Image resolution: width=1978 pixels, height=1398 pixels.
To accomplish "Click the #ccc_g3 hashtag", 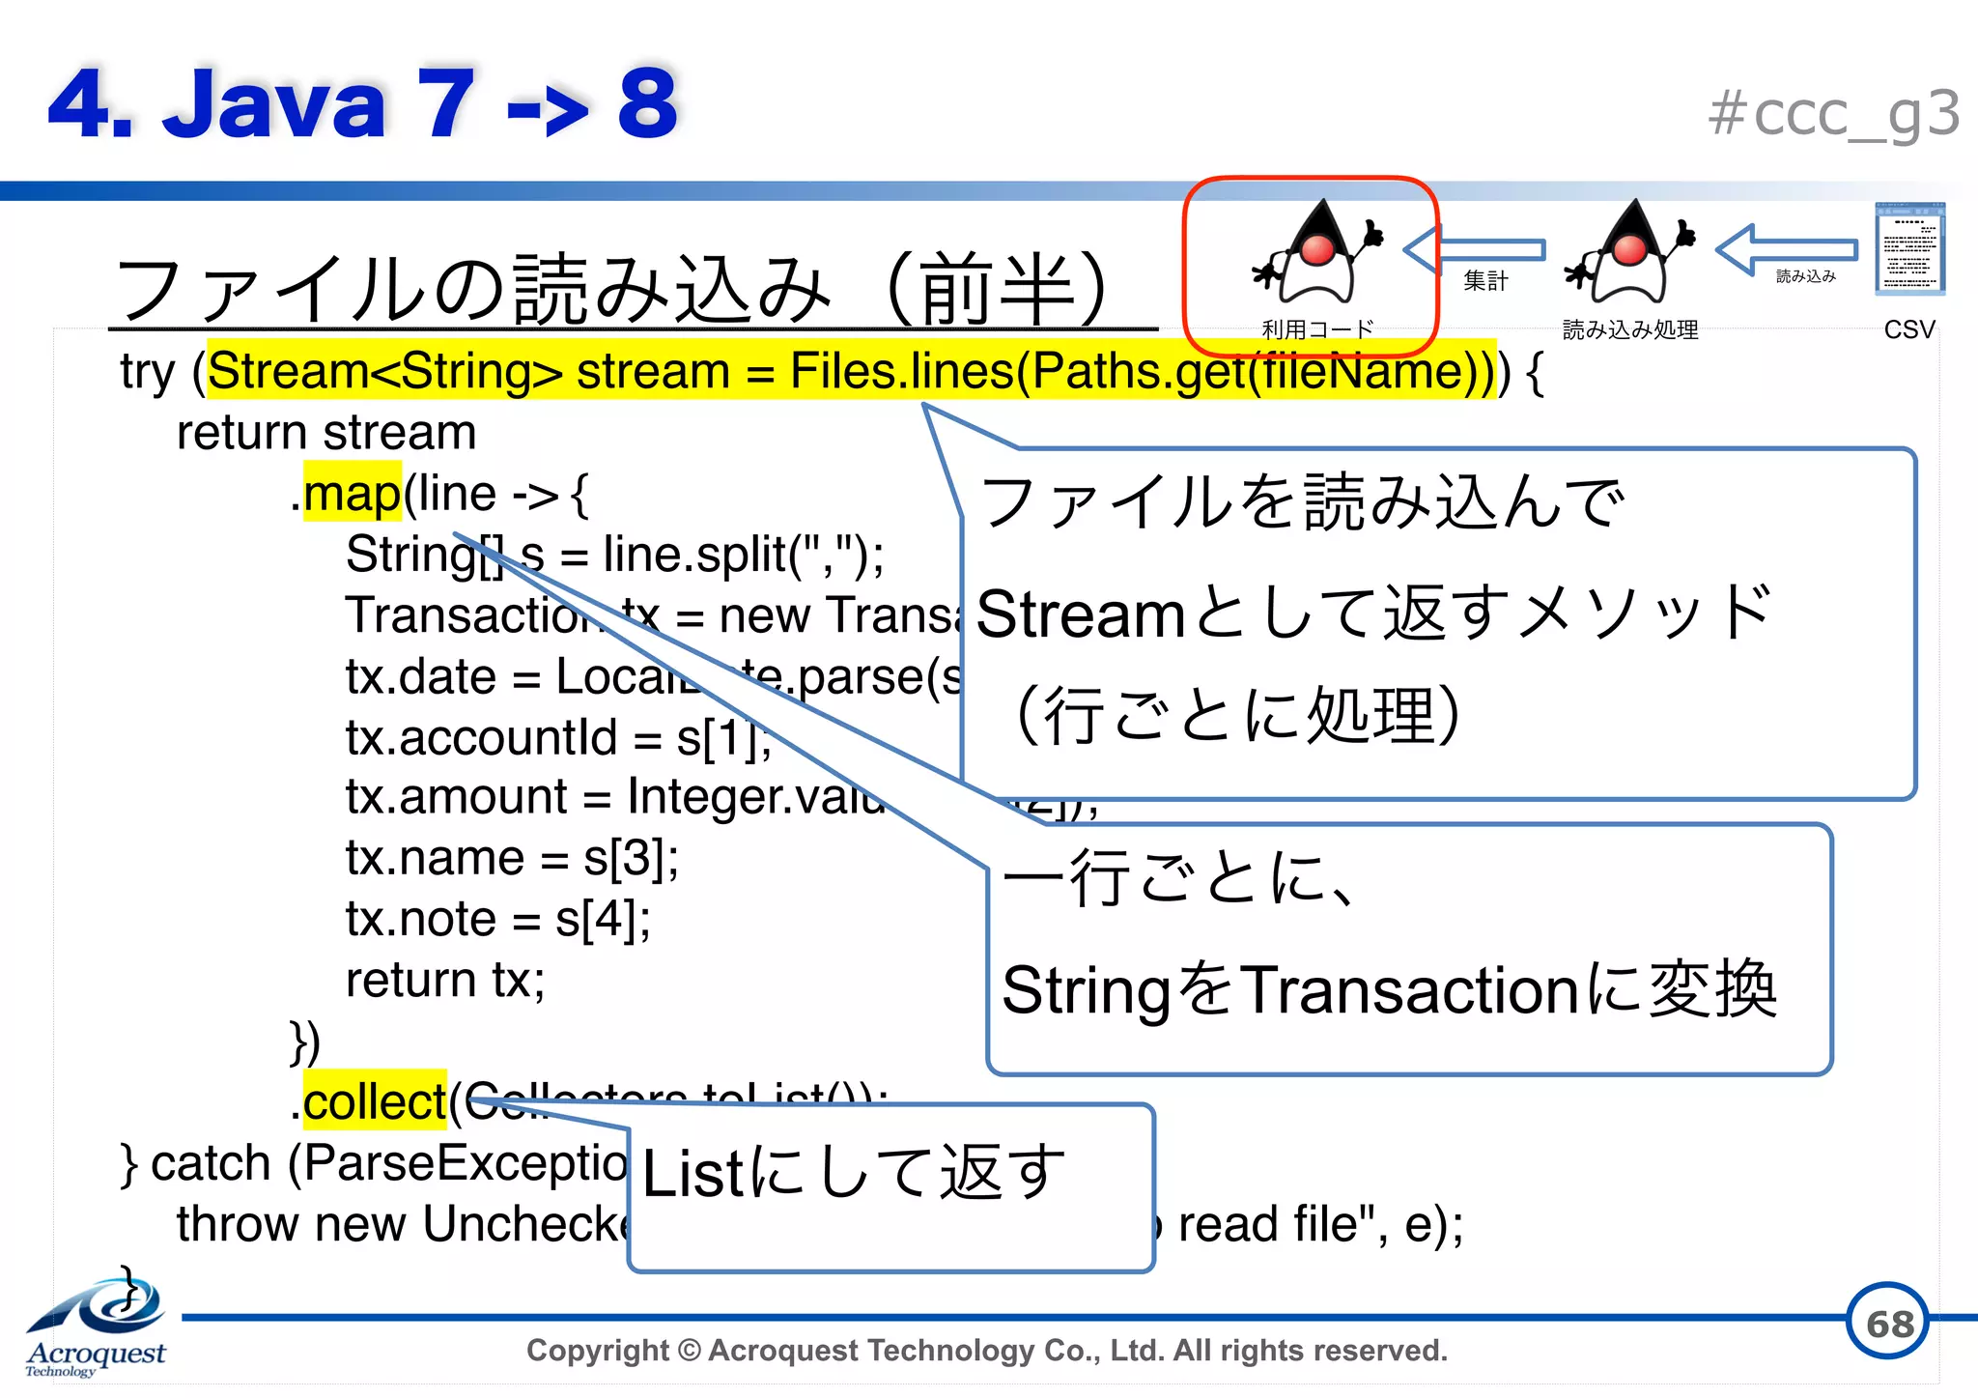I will pyautogui.click(x=1833, y=114).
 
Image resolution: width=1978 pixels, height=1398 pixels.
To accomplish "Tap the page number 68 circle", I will pyautogui.click(x=1888, y=1323).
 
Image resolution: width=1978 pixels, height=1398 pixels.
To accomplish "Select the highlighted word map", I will pyautogui.click(x=352, y=494).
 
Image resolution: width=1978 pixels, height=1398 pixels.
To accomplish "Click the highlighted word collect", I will pyautogui.click(x=375, y=1102).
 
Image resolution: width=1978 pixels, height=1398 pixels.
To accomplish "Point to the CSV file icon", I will pyautogui.click(x=1909, y=249).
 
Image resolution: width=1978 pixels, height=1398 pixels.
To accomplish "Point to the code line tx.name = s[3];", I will pyautogui.click(x=512, y=858).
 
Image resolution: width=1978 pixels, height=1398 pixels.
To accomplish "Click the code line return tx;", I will pyautogui.click(x=445, y=981).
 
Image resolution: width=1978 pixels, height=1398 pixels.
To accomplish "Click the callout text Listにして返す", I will pyautogui.click(x=853, y=1173).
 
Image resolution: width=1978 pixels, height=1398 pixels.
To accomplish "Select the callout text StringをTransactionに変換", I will pyautogui.click(x=1389, y=990).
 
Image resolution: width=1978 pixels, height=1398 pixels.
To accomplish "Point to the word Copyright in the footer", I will pyautogui.click(x=597, y=1350).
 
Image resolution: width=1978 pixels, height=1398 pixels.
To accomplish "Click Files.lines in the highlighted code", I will pyautogui.click(x=900, y=371).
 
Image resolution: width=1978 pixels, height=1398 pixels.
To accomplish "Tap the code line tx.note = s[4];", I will pyautogui.click(x=498, y=919).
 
